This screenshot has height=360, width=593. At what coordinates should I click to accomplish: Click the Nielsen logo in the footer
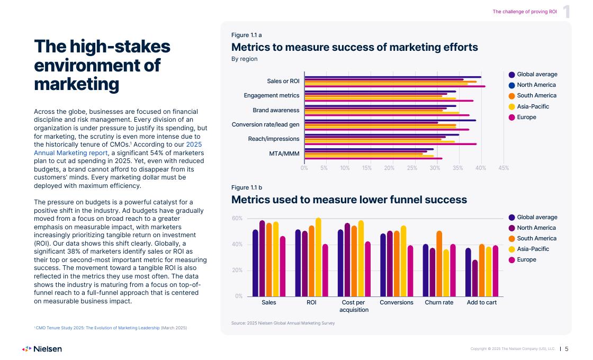coord(42,349)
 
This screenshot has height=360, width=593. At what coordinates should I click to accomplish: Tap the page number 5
coord(567,349)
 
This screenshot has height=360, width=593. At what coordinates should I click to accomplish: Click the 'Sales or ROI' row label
coord(283,81)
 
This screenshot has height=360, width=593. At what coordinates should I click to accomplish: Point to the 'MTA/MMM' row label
coord(284,154)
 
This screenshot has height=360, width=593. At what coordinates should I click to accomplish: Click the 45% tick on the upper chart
coord(504,168)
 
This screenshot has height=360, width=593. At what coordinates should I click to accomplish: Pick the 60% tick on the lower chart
coord(237,218)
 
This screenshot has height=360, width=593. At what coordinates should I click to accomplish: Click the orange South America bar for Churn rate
coord(439,264)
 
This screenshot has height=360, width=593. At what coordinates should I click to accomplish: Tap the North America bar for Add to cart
coord(475,278)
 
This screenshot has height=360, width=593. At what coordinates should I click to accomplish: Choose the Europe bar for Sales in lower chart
coord(282,266)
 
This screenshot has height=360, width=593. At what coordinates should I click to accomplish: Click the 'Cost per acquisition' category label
coord(354,306)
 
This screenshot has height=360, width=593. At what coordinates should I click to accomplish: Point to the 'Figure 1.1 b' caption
coord(247,187)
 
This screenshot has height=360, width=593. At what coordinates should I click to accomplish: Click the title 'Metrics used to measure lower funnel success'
coord(349,200)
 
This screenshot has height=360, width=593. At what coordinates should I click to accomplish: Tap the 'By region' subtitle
coord(244,59)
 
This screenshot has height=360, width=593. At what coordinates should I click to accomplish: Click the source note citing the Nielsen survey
coord(283,323)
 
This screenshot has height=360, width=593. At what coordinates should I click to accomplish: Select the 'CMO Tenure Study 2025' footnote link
coord(97,328)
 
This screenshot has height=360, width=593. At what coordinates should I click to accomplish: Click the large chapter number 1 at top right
coord(567,12)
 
